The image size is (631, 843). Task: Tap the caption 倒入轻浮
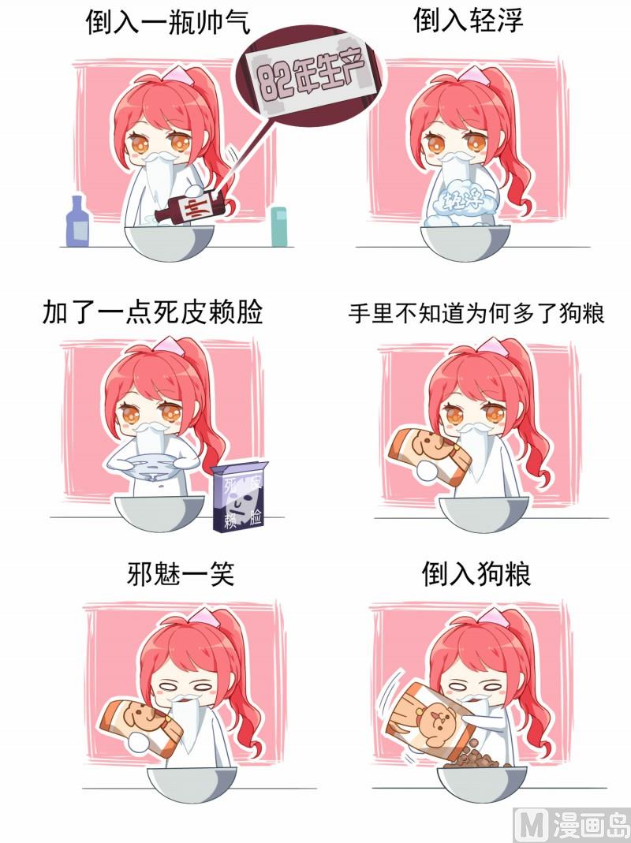tap(468, 21)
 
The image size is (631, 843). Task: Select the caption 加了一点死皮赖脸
tap(152, 312)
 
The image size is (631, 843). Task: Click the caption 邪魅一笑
tap(181, 573)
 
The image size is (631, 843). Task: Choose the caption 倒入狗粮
tap(476, 573)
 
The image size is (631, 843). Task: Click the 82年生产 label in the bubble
tap(311, 75)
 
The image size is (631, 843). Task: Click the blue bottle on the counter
tap(77, 221)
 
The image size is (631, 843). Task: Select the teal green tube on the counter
tap(278, 226)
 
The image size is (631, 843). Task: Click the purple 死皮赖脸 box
tap(238, 496)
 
